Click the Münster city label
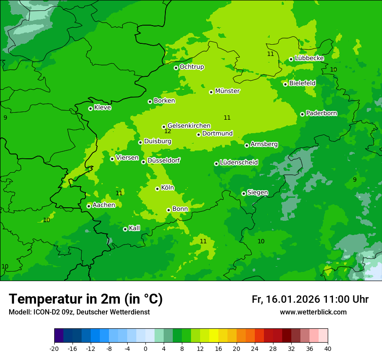coord(227,91)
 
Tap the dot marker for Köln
coord(157,189)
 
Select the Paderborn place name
coord(321,113)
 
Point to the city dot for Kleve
coord(90,108)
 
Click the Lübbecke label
coord(309,58)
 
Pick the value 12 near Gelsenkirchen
coord(168,131)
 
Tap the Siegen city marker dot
coord(244,193)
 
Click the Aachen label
coord(104,205)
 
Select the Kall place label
coord(135,228)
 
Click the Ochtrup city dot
coord(176,68)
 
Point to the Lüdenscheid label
coord(239,163)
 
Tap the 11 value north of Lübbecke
coord(270,54)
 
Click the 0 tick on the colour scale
coord(145,348)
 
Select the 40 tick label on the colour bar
coord(327,348)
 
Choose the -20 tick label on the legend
coord(54,348)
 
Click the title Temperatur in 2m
coord(86,299)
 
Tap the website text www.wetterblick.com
coord(313,312)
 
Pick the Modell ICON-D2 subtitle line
coord(79,312)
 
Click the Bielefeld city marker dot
coord(285,84)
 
